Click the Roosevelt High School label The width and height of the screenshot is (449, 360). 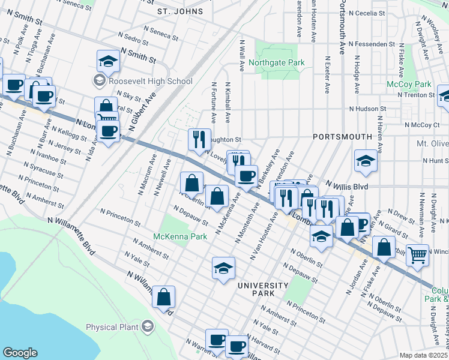tap(150, 81)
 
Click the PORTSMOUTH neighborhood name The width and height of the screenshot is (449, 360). tap(339, 137)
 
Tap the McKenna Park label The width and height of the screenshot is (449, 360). tap(180, 236)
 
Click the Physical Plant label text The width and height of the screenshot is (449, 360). tap(112, 328)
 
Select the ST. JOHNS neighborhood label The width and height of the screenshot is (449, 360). tap(180, 11)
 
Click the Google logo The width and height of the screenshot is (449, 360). tap(20, 352)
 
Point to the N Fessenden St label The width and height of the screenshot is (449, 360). tap(373, 44)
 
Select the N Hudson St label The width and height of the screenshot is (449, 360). tap(368, 109)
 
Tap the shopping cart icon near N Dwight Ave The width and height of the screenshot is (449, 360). tap(417, 254)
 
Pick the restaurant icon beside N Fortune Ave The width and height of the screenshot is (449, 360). tap(200, 139)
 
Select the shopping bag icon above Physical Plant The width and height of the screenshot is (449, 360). tap(163, 296)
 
